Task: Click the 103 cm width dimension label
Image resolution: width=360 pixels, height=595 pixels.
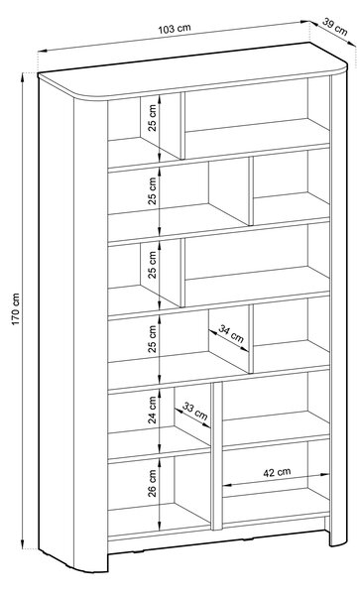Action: tap(175, 29)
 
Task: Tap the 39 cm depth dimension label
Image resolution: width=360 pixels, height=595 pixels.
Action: tap(335, 26)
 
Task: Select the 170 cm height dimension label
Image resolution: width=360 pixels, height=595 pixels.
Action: tap(16, 308)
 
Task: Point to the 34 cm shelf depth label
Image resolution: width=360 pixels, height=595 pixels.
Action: tap(231, 333)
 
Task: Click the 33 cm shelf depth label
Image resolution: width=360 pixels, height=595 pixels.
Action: tap(195, 411)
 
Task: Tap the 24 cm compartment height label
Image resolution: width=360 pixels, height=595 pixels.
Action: tap(153, 410)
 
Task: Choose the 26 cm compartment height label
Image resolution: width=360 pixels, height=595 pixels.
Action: tap(153, 483)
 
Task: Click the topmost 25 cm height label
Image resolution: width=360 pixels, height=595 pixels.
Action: tap(153, 117)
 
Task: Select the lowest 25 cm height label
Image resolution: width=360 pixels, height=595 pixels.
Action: tap(153, 339)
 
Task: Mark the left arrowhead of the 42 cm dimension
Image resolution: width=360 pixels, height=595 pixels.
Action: tap(227, 485)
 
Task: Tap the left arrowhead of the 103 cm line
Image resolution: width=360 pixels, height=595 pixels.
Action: tap(42, 51)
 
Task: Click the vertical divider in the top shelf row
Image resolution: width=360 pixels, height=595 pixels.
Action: tap(182, 125)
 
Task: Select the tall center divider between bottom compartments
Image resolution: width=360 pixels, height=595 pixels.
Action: tap(216, 455)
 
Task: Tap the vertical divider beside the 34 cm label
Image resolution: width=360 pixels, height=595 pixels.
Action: tap(251, 339)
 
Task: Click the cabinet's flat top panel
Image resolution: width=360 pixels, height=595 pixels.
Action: tap(192, 69)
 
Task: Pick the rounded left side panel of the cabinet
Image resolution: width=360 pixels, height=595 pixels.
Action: tap(72, 322)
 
